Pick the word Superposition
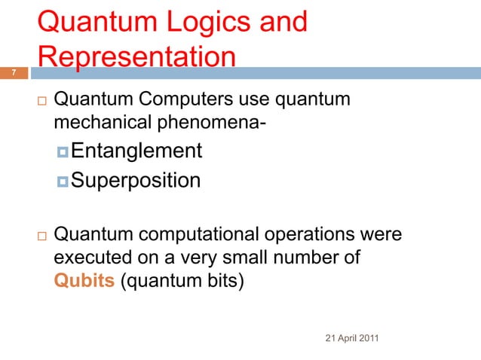[x=136, y=181]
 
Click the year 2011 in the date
[x=366, y=337]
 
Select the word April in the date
[x=345, y=337]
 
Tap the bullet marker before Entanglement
[x=63, y=152]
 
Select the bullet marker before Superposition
[x=63, y=182]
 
